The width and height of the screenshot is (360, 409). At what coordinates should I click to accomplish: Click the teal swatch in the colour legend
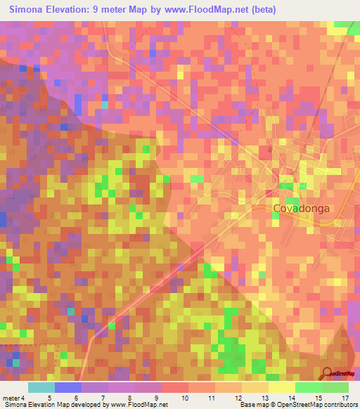click(41, 387)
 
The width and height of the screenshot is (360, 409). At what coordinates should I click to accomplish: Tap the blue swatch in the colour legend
click(68, 387)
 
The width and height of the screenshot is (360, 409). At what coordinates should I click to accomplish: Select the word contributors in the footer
click(337, 405)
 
